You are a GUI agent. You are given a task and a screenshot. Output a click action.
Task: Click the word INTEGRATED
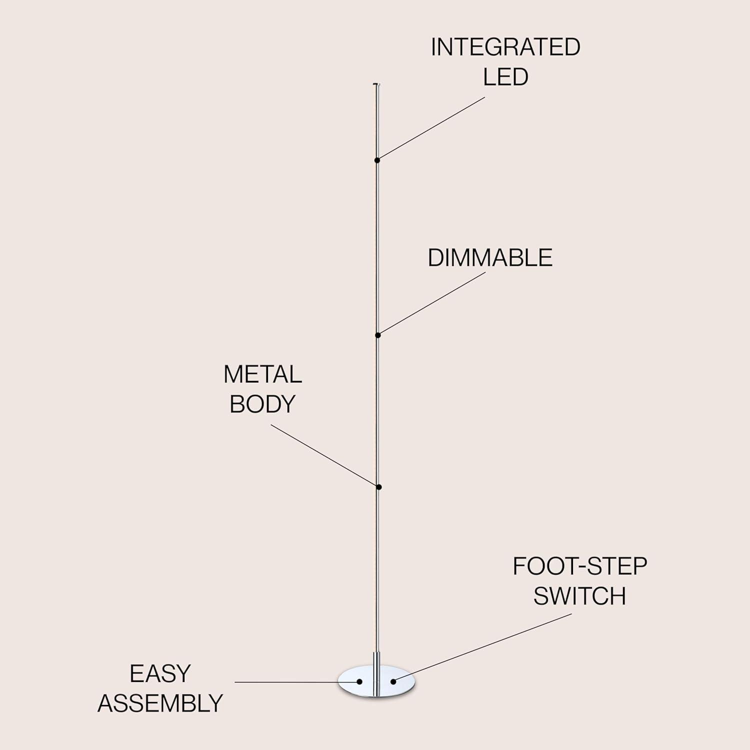pos(505,47)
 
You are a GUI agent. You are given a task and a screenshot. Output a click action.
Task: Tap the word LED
pos(505,77)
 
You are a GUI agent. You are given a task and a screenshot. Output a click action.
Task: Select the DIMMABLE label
pos(489,258)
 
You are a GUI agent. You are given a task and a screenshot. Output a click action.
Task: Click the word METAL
pos(262,374)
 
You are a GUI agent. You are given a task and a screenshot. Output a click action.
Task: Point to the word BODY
pos(262,404)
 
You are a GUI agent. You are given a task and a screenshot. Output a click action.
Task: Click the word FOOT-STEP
pos(579,566)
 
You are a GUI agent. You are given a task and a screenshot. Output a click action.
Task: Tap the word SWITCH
pos(579,596)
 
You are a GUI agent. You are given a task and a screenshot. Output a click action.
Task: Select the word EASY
pos(160,674)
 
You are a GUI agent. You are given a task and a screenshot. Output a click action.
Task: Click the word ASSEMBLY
pos(160,703)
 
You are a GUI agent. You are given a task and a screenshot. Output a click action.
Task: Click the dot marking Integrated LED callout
pos(377,160)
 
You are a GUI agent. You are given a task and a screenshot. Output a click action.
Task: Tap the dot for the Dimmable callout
pos(378,335)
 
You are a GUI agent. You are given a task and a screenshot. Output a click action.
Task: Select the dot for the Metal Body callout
pos(379,487)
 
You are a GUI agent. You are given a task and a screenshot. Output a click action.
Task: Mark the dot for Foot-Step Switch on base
pos(393,681)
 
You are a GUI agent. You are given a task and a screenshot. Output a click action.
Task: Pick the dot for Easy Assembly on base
pos(359,681)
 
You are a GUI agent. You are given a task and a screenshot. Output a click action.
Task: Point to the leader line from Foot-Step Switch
pos(482,647)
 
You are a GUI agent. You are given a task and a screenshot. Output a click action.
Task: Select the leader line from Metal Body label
pos(325,456)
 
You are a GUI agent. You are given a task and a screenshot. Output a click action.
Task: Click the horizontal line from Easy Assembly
pos(295,681)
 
